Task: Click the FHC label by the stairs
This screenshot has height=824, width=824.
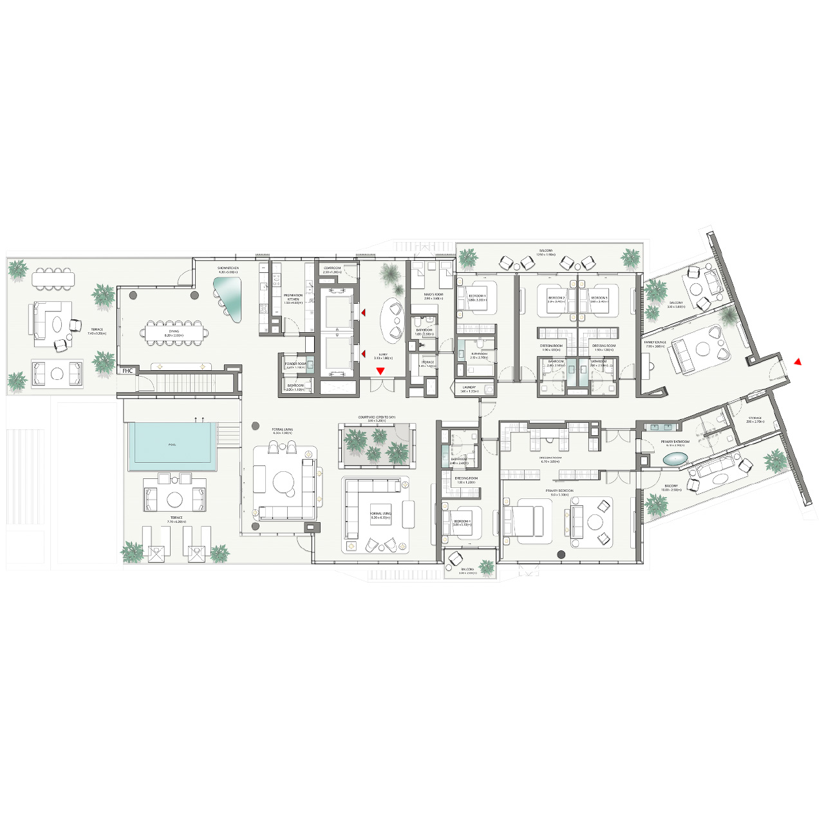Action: pyautogui.click(x=127, y=371)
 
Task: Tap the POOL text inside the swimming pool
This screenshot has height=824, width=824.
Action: pyautogui.click(x=172, y=445)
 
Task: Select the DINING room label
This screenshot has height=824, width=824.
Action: pyautogui.click(x=174, y=332)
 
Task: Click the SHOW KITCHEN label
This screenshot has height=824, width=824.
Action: pyautogui.click(x=228, y=268)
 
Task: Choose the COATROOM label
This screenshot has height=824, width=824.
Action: pyautogui.click(x=332, y=268)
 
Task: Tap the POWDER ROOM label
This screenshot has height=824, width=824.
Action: pyautogui.click(x=295, y=364)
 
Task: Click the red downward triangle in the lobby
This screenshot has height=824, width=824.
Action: pyautogui.click(x=380, y=371)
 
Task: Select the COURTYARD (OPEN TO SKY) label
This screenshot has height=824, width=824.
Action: pyautogui.click(x=377, y=418)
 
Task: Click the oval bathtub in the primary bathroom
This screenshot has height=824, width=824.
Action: pyautogui.click(x=675, y=459)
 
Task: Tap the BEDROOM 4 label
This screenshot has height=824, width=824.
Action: pyautogui.click(x=462, y=521)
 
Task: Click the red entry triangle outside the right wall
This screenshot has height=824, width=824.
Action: pyautogui.click(x=798, y=362)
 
